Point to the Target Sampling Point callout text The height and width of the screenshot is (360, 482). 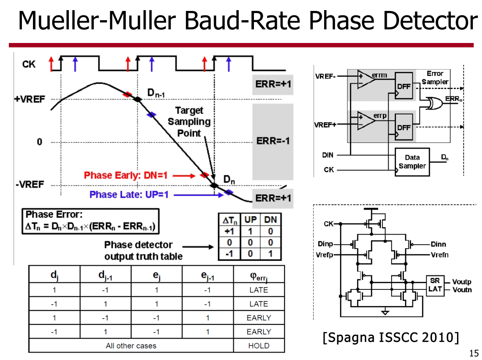pyautogui.click(x=189, y=121)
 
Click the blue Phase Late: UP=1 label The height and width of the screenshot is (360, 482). pyautogui.click(x=129, y=194)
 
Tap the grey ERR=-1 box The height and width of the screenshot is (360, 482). pyautogui.click(x=273, y=141)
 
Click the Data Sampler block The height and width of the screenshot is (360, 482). pyautogui.click(x=412, y=162)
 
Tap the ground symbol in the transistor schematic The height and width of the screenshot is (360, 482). pyautogui.click(x=385, y=313)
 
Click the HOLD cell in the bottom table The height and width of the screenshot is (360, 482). pyautogui.click(x=259, y=346)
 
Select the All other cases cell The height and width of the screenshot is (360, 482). pyautogui.click(x=131, y=346)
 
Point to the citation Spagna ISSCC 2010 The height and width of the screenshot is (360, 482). pyautogui.click(x=390, y=338)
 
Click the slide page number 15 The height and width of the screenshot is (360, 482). pyautogui.click(x=473, y=353)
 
